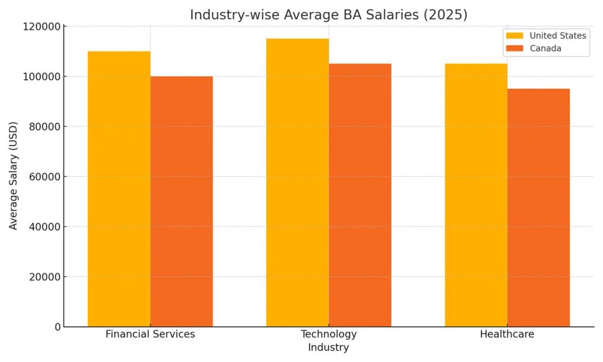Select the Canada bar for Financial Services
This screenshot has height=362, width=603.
(x=181, y=201)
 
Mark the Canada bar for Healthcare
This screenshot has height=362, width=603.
(x=538, y=208)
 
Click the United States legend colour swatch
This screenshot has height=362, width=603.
(x=514, y=36)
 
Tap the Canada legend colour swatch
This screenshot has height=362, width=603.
(x=514, y=48)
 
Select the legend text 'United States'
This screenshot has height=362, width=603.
(x=558, y=36)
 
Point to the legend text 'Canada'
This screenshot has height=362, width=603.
(x=545, y=48)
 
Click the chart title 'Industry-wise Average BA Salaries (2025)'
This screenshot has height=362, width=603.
(x=328, y=15)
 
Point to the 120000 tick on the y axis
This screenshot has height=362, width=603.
(x=41, y=27)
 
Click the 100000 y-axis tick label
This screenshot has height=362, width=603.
(x=41, y=77)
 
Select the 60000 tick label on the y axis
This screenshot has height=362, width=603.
(x=44, y=177)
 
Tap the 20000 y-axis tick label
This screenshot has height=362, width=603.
(x=44, y=277)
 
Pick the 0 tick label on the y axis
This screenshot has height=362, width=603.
(x=58, y=327)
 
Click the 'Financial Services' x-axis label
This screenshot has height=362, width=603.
(x=150, y=334)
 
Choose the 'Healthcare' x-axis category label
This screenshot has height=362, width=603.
(x=507, y=334)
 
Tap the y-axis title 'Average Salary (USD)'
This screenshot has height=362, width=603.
(x=14, y=176)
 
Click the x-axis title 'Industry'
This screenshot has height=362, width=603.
(x=328, y=348)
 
